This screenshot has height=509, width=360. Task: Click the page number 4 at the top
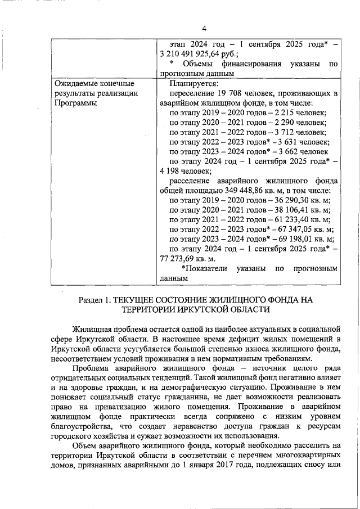coord(204,29)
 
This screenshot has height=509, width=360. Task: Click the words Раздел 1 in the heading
coord(96,300)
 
